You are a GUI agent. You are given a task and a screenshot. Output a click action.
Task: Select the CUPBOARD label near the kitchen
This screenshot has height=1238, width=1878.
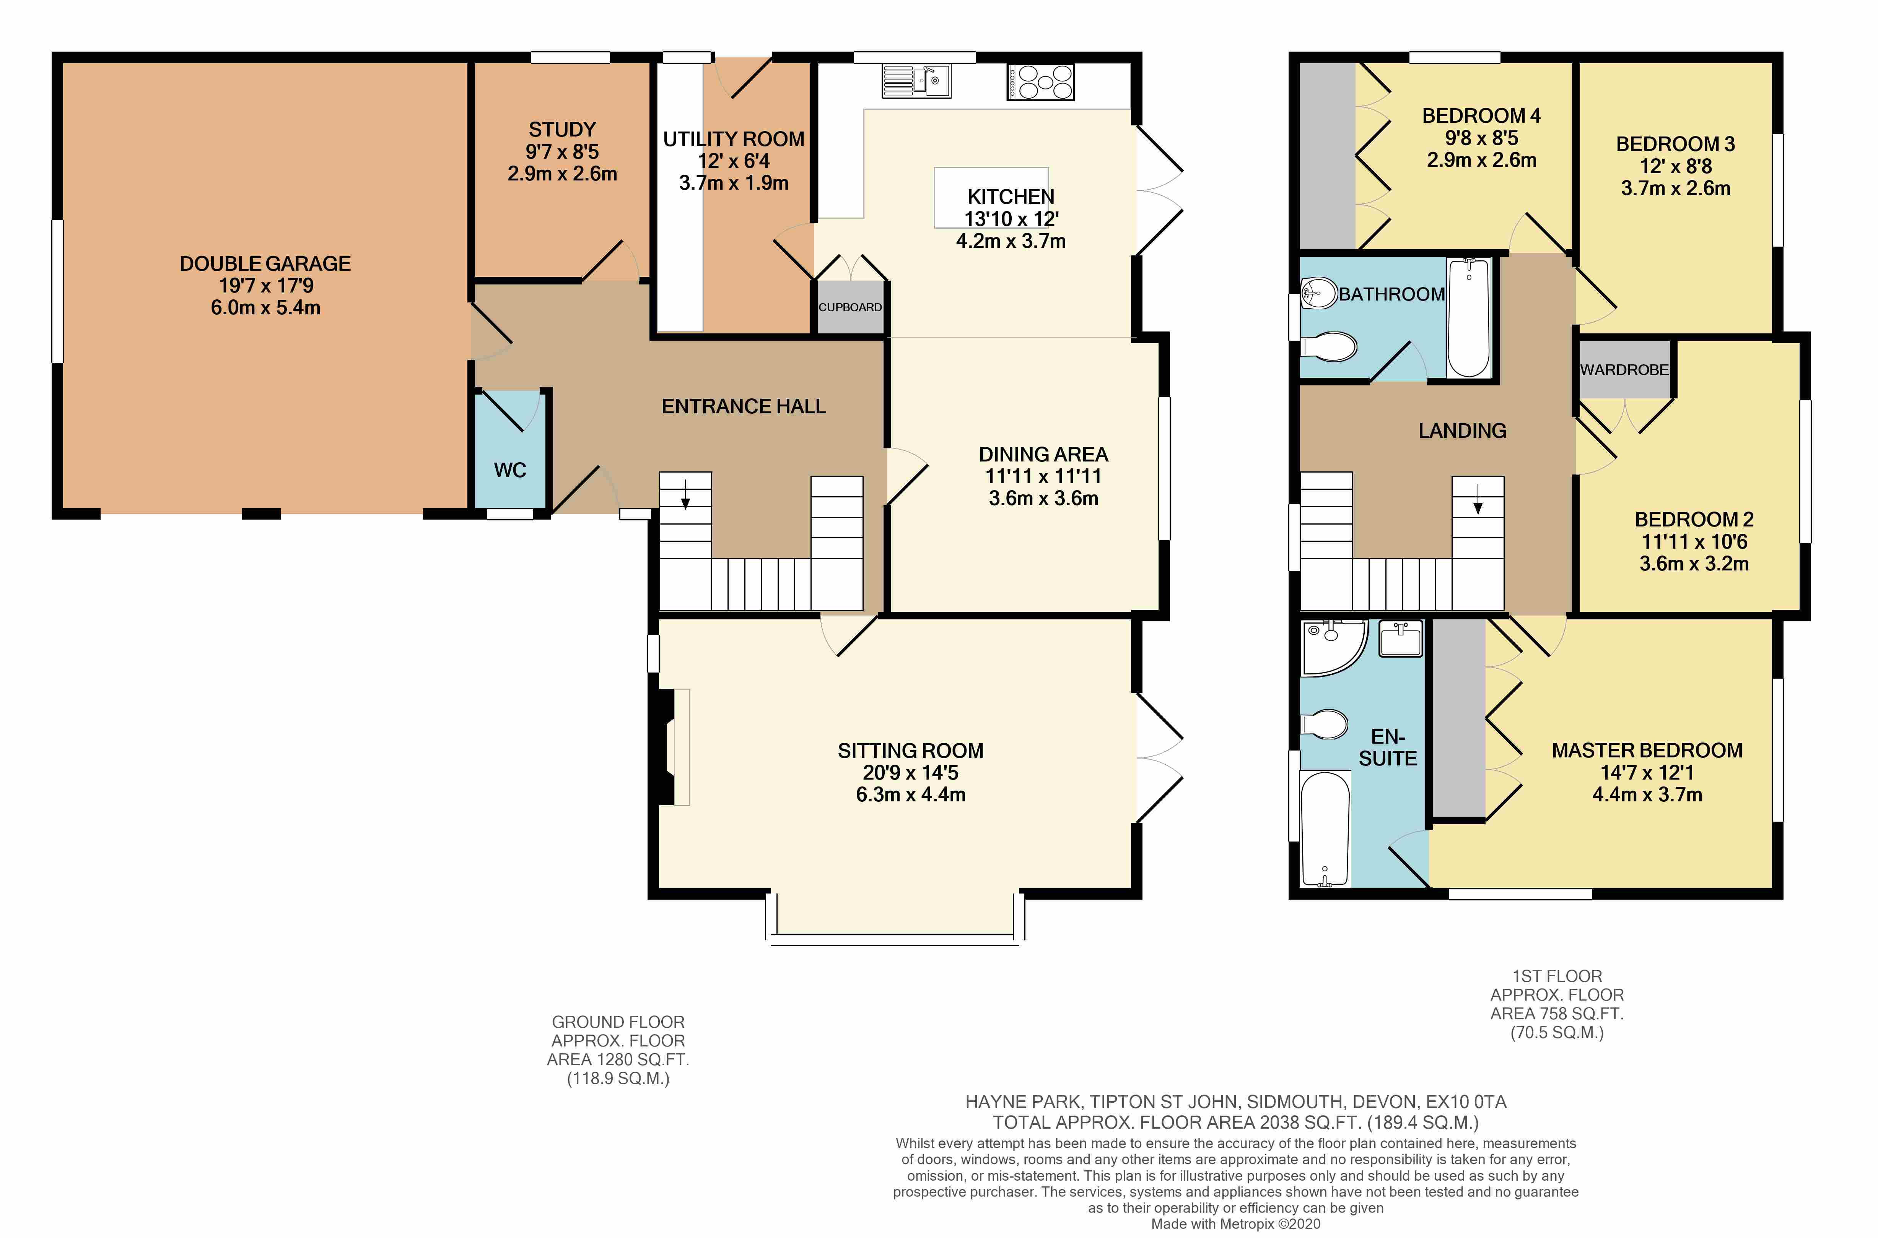850,307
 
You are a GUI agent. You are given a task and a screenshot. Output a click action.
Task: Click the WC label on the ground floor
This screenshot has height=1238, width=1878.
509,471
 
